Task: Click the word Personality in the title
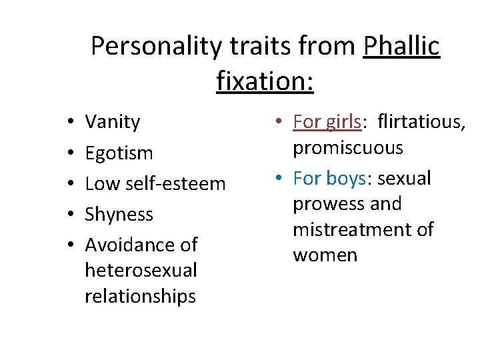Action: [151, 47]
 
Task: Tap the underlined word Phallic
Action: [402, 47]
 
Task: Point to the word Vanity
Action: [113, 122]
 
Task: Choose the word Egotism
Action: [119, 153]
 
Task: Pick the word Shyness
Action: [119, 214]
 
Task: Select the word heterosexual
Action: [141, 270]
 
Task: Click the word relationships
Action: [140, 295]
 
